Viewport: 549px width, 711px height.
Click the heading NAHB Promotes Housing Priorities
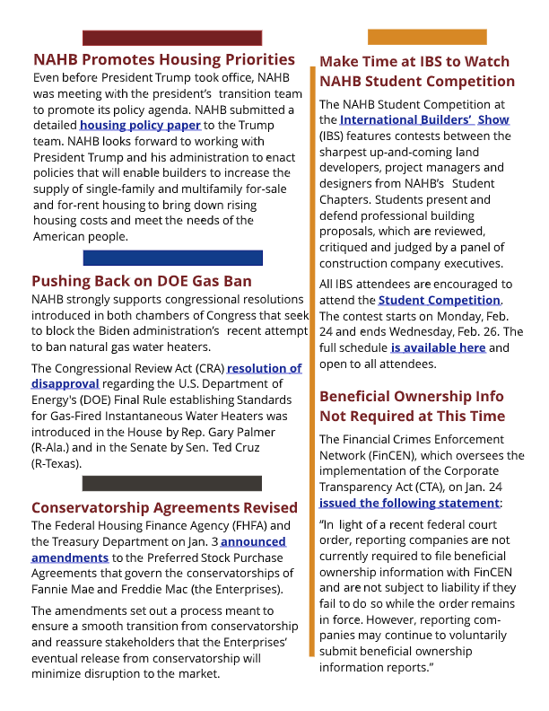tap(163, 60)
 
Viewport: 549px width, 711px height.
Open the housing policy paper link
tap(140, 125)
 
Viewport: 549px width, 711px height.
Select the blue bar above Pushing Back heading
tap(172, 258)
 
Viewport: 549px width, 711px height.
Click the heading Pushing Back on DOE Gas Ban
tap(142, 281)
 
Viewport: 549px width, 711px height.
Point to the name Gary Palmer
tap(271, 431)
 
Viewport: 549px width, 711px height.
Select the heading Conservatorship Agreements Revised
tap(164, 507)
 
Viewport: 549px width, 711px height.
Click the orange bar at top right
tap(426, 37)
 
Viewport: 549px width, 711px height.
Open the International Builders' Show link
tap(424, 119)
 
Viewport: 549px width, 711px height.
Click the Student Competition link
tap(440, 300)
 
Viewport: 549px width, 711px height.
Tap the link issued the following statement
tap(410, 504)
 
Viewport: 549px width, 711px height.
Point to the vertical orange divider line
tap(313, 359)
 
